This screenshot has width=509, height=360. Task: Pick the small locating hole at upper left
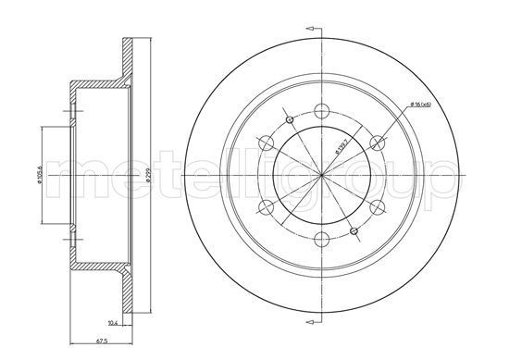point(290,120)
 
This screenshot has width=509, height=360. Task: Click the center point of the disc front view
point(321,176)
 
